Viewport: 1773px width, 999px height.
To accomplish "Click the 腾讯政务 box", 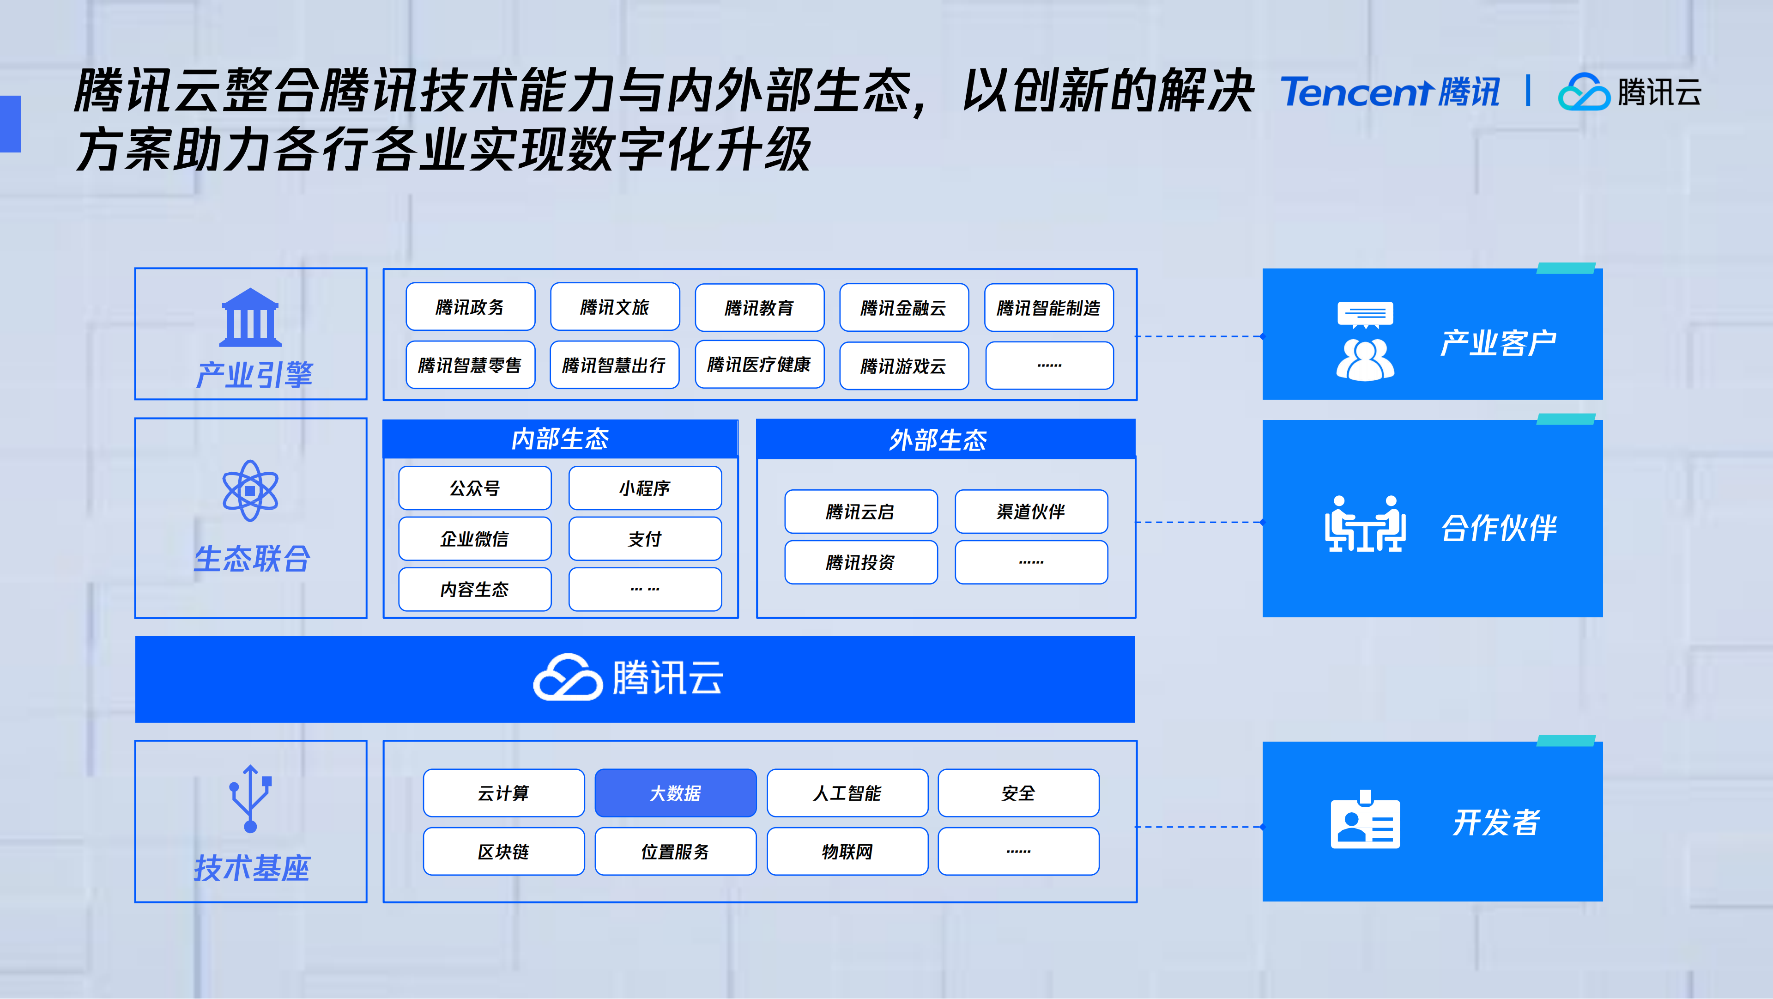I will point(470,307).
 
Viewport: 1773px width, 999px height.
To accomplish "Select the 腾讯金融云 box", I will point(904,308).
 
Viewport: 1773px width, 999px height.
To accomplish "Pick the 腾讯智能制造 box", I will point(1048,308).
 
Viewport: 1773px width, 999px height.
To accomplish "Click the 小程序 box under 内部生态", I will point(644,488).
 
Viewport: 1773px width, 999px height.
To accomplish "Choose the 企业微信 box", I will point(474,538).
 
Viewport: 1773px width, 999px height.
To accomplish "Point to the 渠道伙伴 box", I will point(1030,512).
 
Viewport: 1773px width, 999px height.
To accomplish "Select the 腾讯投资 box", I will point(860,562).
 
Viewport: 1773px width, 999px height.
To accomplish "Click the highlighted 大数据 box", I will point(675,793).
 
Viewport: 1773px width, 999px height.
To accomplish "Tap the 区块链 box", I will point(503,852).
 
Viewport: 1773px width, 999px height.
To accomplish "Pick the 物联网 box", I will point(847,852).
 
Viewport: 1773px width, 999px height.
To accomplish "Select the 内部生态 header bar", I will point(560,439).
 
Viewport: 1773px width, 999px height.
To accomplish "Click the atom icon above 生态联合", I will point(250,490).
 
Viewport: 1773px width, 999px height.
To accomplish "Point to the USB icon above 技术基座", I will point(250,798).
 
